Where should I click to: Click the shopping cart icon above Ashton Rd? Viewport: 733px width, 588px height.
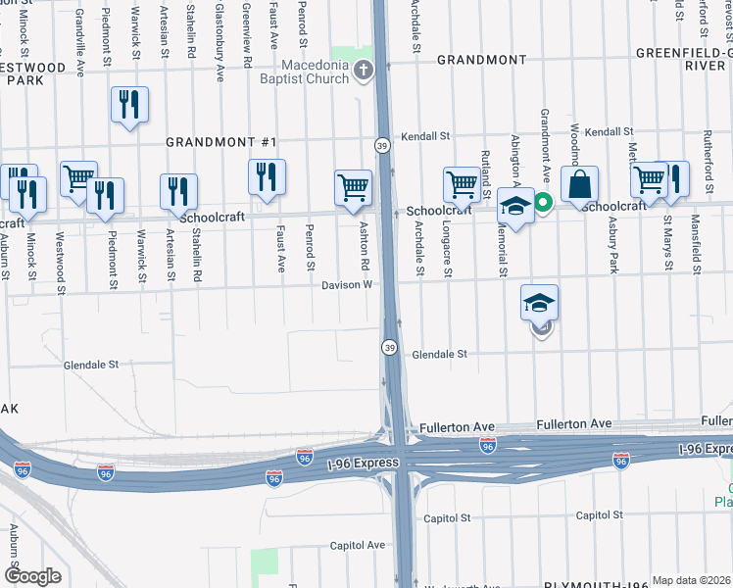pyautogui.click(x=353, y=186)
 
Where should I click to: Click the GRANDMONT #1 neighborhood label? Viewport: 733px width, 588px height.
pyautogui.click(x=211, y=142)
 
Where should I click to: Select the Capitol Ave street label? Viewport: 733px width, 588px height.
pyautogui.click(x=357, y=545)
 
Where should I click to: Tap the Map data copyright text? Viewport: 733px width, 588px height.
pyautogui.click(x=692, y=580)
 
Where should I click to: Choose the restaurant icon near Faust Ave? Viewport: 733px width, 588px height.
pyautogui.click(x=267, y=176)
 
